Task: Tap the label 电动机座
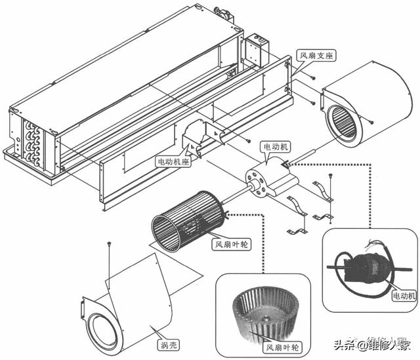(x=173, y=161)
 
